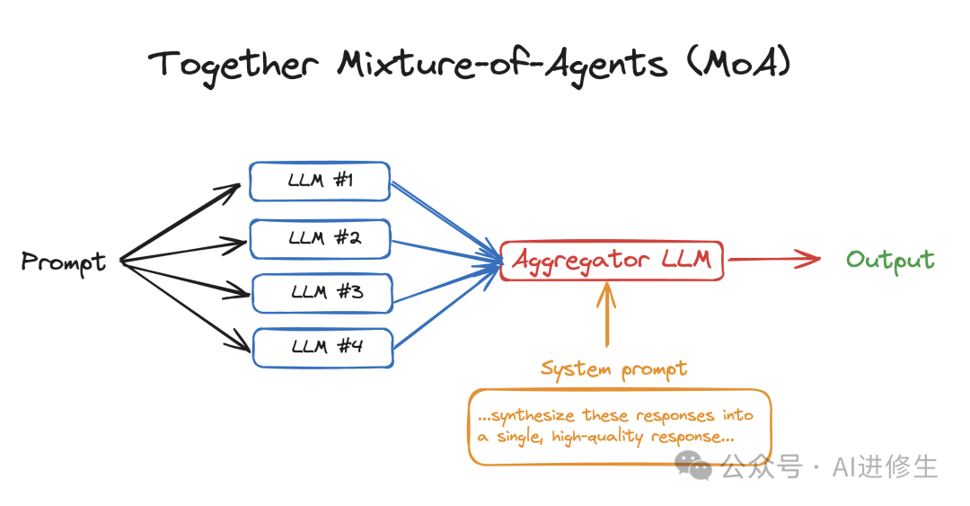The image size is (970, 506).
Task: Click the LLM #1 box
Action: pyautogui.click(x=320, y=182)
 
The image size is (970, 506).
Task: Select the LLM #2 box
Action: pyautogui.click(x=320, y=238)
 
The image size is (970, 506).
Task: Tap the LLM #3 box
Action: pyautogui.click(x=322, y=293)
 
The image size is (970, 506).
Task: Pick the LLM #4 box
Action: pyautogui.click(x=323, y=348)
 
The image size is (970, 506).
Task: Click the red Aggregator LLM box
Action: pyautogui.click(x=612, y=261)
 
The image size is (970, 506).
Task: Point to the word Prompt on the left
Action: pyautogui.click(x=64, y=262)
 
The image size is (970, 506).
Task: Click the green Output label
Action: pyautogui.click(x=890, y=261)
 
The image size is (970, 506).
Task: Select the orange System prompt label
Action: pyautogui.click(x=613, y=369)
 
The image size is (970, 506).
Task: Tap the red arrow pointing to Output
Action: pyautogui.click(x=774, y=259)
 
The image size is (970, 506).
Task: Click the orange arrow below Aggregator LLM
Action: pyautogui.click(x=607, y=314)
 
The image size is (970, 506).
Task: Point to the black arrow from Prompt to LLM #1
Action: pyautogui.click(x=180, y=222)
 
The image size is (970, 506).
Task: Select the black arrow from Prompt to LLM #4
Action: pyautogui.click(x=185, y=306)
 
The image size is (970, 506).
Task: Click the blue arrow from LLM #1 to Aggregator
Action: pyautogui.click(x=446, y=222)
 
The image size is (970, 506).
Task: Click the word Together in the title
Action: pyautogui.click(x=234, y=66)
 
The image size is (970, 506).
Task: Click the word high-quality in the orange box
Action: pyautogui.click(x=597, y=438)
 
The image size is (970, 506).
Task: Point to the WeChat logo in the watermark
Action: pyautogui.click(x=692, y=466)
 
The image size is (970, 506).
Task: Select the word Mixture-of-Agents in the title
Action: pyautogui.click(x=502, y=66)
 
